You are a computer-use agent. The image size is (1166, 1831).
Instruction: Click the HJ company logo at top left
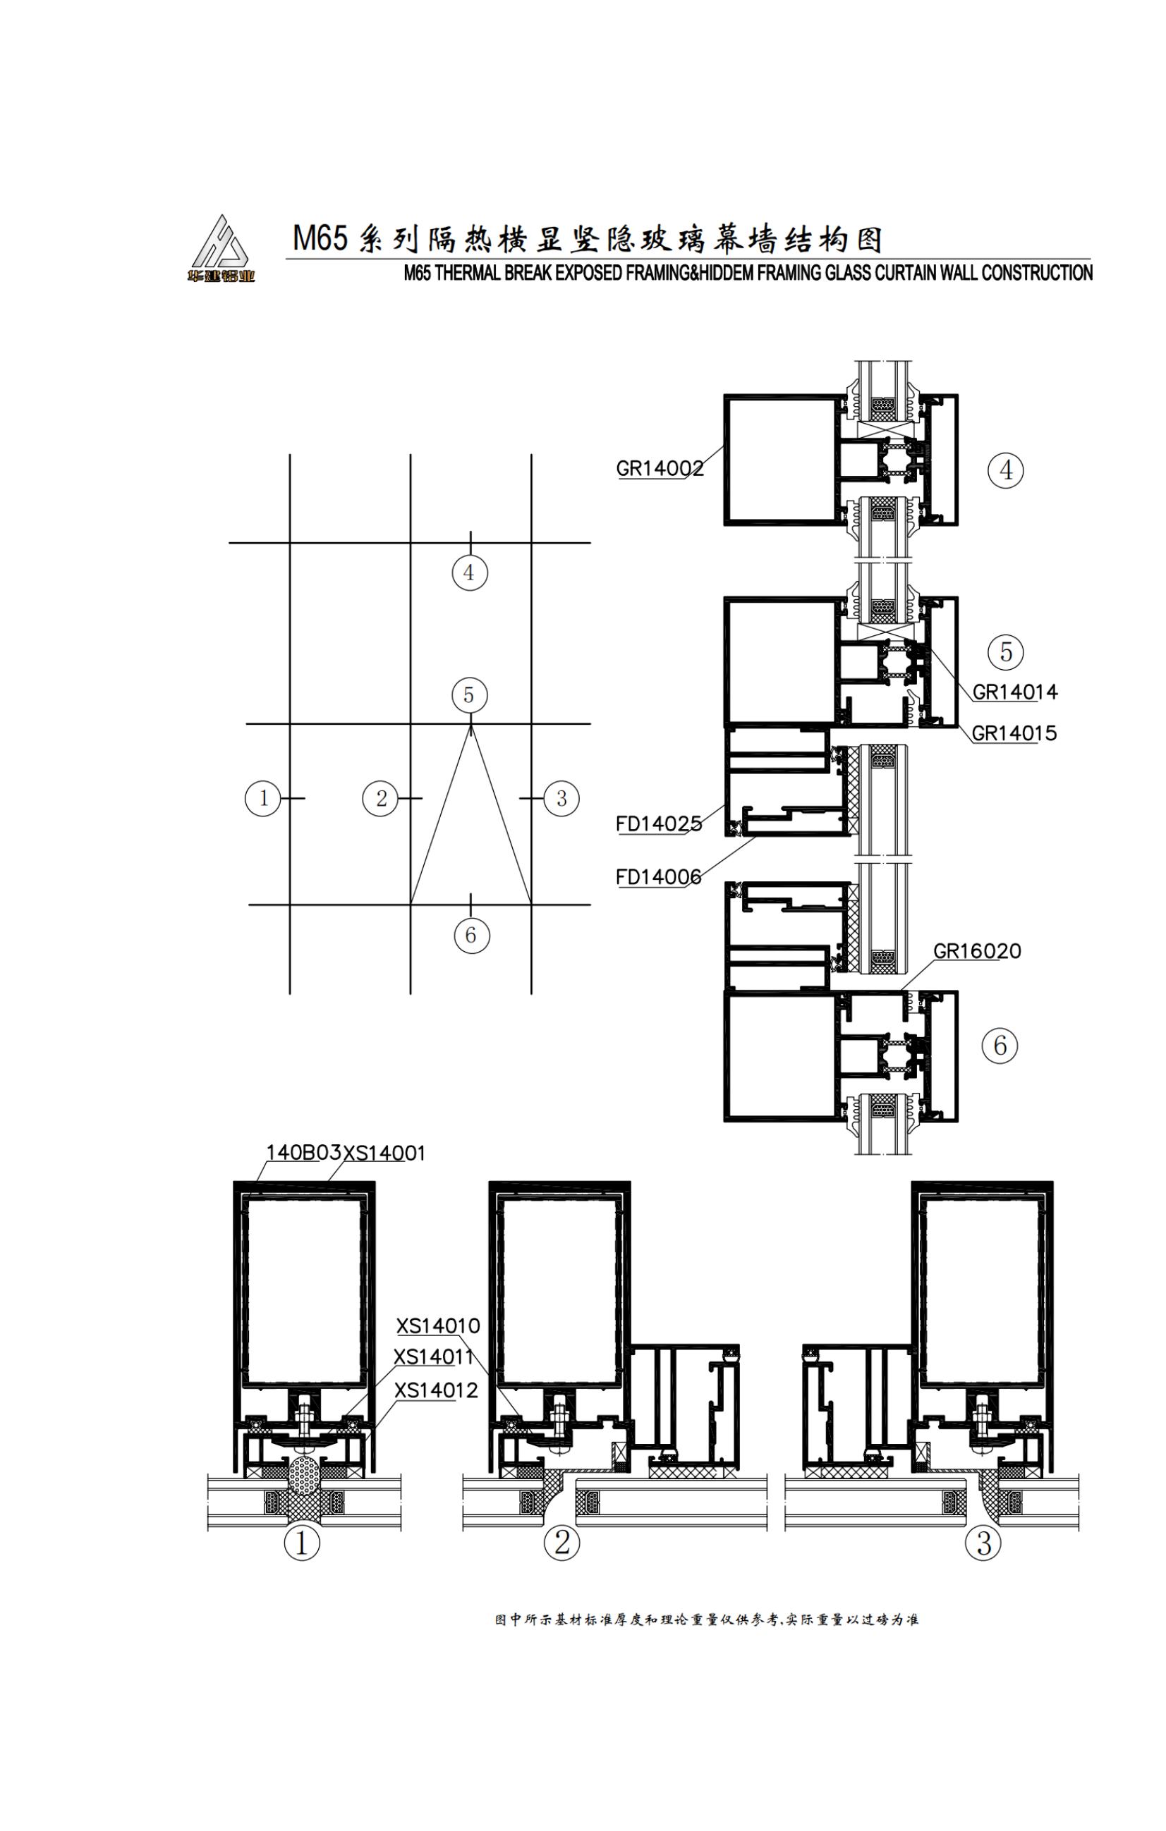point(221,249)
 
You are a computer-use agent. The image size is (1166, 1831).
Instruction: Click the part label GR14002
point(660,468)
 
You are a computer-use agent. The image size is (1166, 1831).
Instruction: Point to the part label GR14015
point(1014,733)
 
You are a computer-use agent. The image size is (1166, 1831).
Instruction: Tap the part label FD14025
point(659,823)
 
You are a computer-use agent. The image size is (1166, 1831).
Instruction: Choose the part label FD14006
point(659,878)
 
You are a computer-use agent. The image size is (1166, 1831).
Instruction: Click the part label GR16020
point(978,951)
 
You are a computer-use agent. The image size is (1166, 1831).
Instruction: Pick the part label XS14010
point(438,1326)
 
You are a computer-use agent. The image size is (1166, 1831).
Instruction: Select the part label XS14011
point(434,1357)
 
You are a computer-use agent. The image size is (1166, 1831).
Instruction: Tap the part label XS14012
point(437,1391)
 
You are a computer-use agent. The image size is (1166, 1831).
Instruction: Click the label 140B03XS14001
point(346,1153)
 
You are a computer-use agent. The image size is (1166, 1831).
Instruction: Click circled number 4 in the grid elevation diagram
point(470,572)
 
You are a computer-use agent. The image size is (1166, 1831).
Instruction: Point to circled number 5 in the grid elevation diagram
point(469,695)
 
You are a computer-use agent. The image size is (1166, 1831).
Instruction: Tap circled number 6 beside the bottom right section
point(1000,1046)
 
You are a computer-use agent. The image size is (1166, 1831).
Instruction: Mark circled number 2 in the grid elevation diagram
point(380,798)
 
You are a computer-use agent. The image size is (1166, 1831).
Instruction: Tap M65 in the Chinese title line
point(320,239)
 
